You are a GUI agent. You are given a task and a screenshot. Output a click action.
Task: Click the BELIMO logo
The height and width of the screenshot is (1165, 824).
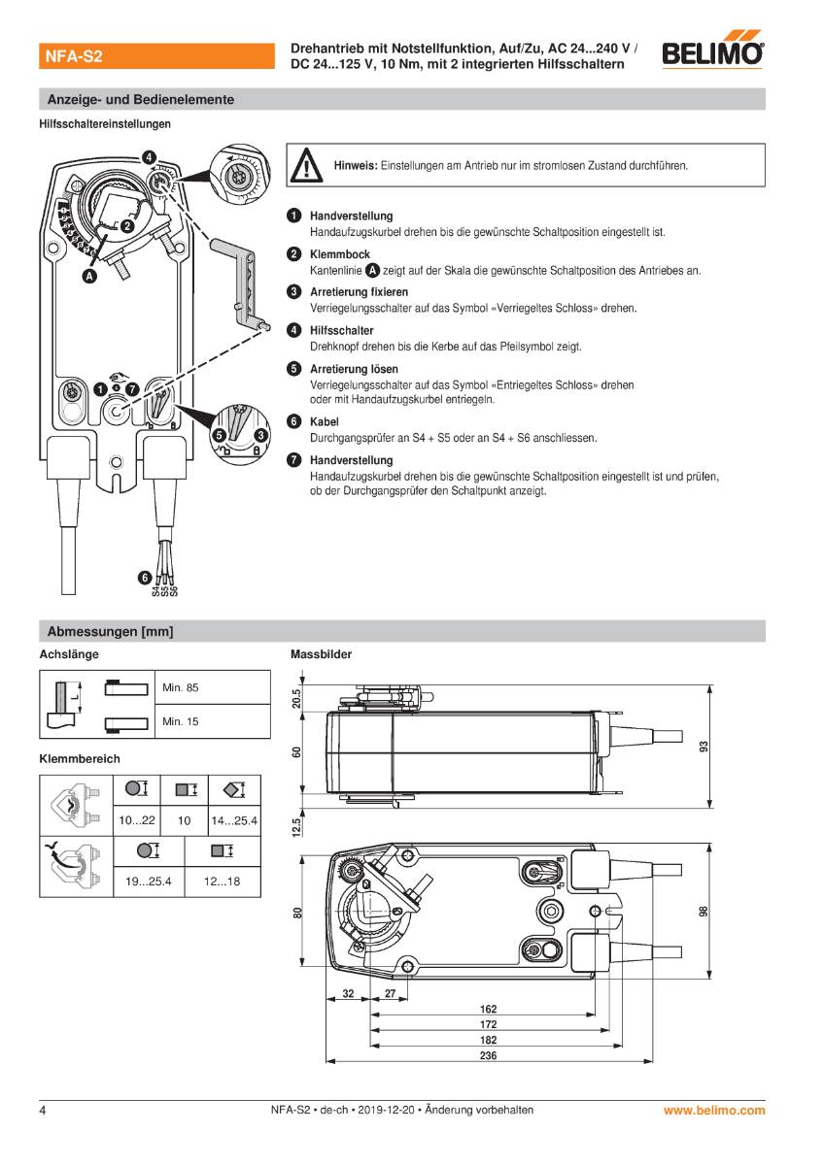pyautogui.click(x=713, y=53)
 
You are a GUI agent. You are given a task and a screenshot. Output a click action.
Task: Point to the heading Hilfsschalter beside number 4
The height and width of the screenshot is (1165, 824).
pyautogui.click(x=341, y=331)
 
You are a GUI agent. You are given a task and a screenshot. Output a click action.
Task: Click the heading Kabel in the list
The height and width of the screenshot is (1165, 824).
pyautogui.click(x=324, y=422)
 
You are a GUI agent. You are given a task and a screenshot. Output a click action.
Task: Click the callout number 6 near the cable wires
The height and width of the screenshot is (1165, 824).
pyautogui.click(x=145, y=579)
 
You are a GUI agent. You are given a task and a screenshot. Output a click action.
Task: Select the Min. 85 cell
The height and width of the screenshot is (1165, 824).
pyautogui.click(x=181, y=687)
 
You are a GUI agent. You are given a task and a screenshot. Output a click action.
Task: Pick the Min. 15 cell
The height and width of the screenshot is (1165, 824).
pyautogui.click(x=181, y=721)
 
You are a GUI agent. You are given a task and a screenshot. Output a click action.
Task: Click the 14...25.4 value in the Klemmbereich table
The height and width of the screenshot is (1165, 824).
pyautogui.click(x=234, y=820)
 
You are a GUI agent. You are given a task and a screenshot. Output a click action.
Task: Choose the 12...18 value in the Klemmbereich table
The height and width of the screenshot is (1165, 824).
pyautogui.click(x=221, y=882)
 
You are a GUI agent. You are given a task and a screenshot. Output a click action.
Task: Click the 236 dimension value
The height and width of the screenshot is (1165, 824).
pyautogui.click(x=489, y=1055)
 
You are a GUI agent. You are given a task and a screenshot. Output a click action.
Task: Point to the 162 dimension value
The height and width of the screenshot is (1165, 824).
pyautogui.click(x=489, y=1010)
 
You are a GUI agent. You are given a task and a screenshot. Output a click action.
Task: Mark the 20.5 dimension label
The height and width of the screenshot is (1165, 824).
pyautogui.click(x=297, y=698)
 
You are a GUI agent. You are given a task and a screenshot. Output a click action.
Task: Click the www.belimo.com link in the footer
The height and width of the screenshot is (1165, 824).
pyautogui.click(x=714, y=1110)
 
